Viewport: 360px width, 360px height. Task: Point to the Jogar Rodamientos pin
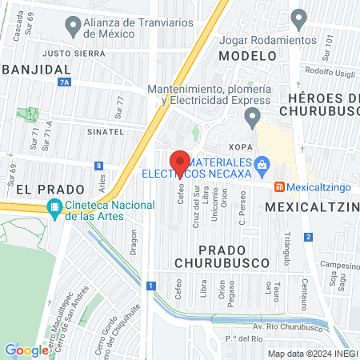click(300, 17)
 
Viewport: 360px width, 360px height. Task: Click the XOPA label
click(240, 147)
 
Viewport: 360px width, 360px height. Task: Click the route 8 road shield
click(98, 165)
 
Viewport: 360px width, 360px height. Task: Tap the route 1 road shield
click(150, 285)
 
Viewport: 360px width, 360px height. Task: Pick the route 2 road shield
click(308, 237)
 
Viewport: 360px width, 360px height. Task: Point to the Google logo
click(26, 350)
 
